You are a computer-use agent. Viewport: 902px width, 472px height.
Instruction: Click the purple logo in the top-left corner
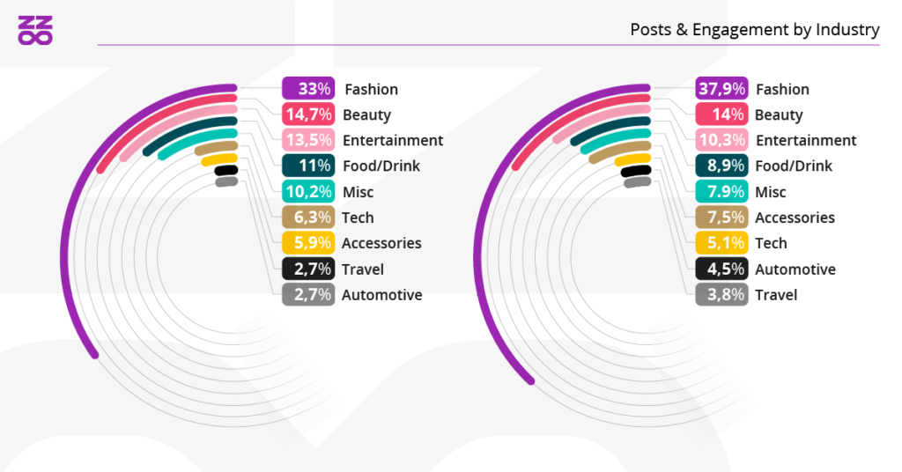coord(36,30)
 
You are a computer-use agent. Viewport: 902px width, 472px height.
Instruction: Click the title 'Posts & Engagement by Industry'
coord(754,30)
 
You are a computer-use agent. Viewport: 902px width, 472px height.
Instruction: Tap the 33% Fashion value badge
coord(307,89)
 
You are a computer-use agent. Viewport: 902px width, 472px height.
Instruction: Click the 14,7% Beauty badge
coord(307,114)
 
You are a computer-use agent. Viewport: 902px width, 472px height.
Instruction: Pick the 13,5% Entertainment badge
coord(307,140)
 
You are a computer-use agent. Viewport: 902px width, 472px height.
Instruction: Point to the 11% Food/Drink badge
coord(307,166)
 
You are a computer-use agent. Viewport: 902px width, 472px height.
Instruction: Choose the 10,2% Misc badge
coord(307,192)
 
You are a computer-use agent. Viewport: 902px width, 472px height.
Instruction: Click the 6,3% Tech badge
coord(307,218)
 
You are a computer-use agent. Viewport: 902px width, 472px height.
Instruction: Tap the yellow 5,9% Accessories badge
coord(307,243)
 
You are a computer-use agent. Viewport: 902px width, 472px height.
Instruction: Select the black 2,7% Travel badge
coord(307,269)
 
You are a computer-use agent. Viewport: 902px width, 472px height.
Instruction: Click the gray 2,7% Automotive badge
coord(307,295)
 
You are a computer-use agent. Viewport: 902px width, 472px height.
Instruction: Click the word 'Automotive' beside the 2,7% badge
coord(381,295)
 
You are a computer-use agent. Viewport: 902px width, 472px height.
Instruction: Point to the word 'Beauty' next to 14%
coord(779,114)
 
